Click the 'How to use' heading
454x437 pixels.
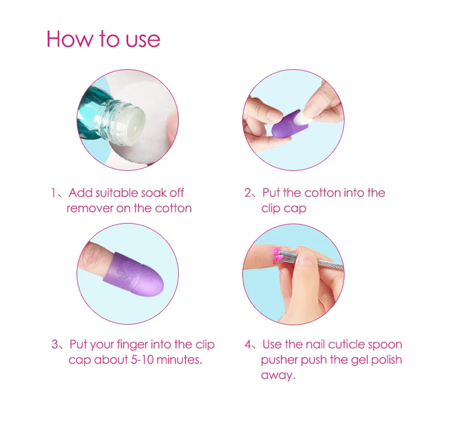tap(103, 39)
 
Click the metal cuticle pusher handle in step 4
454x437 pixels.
tap(330, 263)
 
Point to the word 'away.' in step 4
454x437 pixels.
tap(278, 376)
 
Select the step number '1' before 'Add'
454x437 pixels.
tap(53, 192)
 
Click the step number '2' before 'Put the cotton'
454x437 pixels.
tap(248, 193)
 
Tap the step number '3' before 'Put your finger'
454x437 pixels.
tap(55, 344)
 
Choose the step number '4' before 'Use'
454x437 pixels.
tap(248, 344)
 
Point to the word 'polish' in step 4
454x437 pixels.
tap(386, 360)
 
